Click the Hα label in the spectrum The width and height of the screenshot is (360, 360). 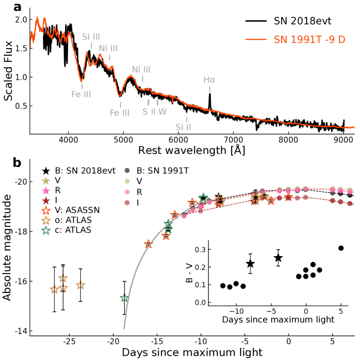pos(209,80)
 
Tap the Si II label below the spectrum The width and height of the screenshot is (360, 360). pos(183,127)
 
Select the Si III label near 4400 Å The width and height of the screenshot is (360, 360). pos(91,37)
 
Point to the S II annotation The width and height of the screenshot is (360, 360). pos(149,112)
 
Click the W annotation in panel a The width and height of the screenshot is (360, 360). pos(162,112)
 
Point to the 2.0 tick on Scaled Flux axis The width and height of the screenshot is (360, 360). pos(21,20)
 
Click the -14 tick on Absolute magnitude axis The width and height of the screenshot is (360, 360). pos(18,331)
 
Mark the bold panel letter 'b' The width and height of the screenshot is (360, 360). pos(18,163)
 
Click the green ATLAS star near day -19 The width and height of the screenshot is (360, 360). pos(125,298)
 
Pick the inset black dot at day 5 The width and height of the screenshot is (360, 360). pos(341,248)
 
